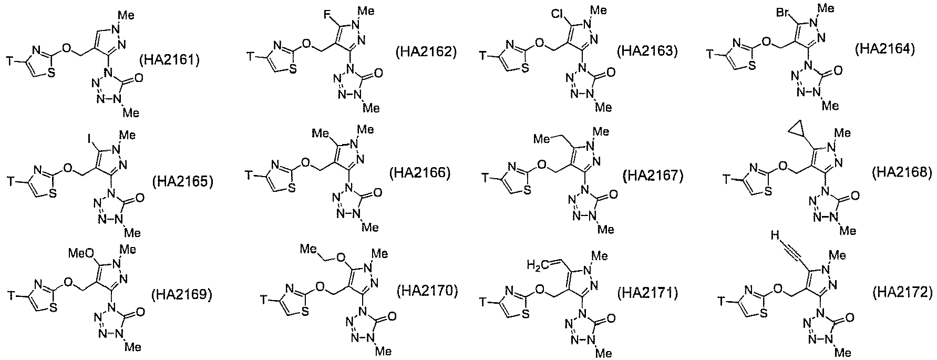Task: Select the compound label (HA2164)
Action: click(885, 49)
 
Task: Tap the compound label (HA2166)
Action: click(420, 172)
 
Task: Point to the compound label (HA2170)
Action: click(427, 291)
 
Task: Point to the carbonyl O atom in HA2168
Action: click(855, 196)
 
